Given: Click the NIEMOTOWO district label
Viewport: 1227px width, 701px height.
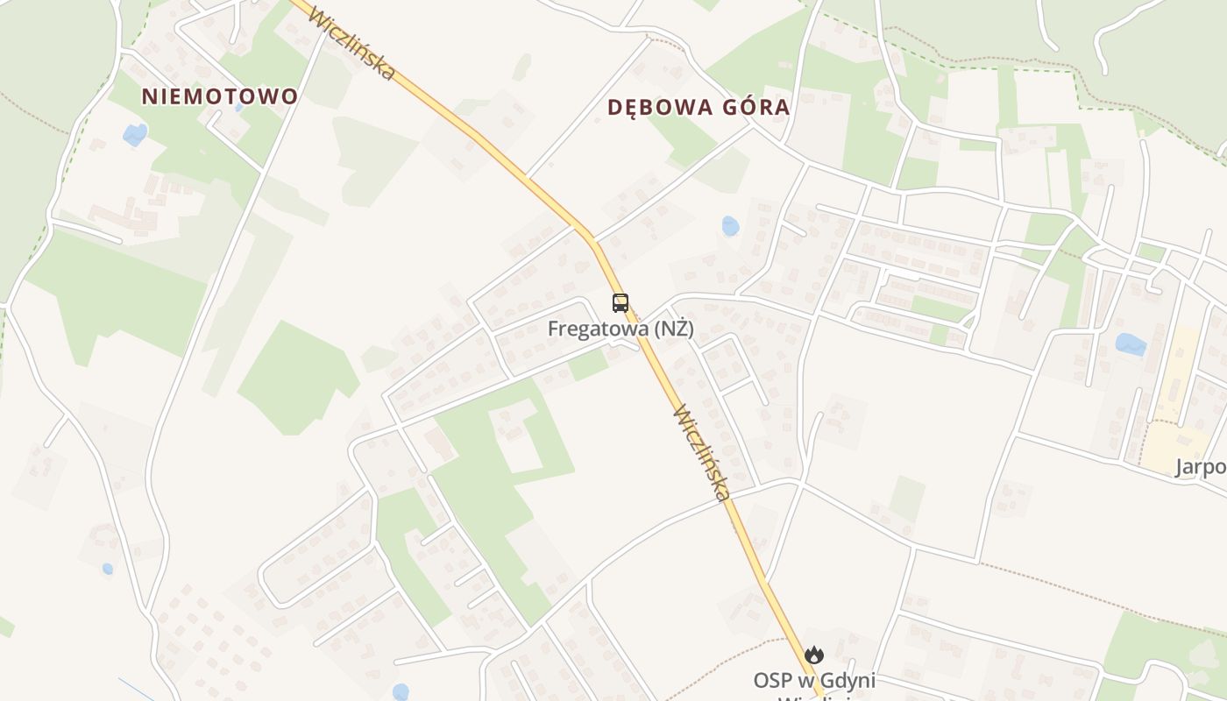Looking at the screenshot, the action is [x=220, y=96].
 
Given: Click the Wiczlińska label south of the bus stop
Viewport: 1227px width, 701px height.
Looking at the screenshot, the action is [x=702, y=452].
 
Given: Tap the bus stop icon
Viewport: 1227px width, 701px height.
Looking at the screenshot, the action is [x=621, y=303].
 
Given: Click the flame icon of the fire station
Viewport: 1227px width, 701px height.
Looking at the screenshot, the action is [x=814, y=655].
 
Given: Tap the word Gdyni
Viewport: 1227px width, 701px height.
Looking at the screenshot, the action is [x=847, y=680].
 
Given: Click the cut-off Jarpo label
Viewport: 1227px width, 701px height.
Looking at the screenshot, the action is [x=1201, y=467].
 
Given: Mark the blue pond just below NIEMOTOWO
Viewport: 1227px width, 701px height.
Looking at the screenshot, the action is [x=135, y=134].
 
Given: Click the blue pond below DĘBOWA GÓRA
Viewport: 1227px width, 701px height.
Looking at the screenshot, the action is [x=730, y=226].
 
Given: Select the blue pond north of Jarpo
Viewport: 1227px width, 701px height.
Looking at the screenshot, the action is [x=1131, y=344].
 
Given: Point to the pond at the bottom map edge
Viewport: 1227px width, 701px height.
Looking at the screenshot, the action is [x=401, y=692].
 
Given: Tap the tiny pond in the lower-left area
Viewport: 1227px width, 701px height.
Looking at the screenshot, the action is [x=108, y=569].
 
